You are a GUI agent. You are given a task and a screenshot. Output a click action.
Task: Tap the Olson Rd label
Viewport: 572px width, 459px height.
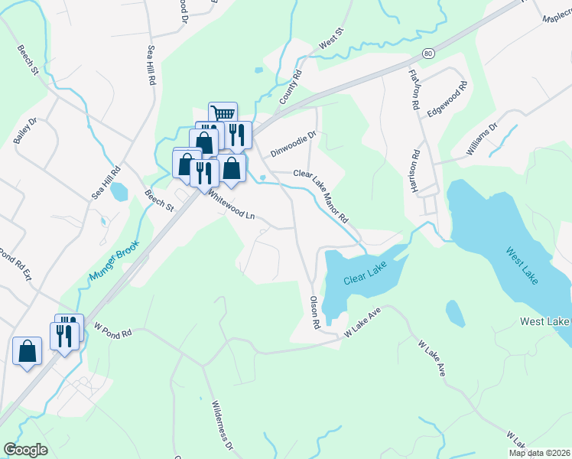click(x=314, y=314)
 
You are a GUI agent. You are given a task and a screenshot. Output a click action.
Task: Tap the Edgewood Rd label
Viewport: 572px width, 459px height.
click(x=447, y=100)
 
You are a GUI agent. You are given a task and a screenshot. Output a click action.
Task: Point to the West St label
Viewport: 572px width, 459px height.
click(x=332, y=41)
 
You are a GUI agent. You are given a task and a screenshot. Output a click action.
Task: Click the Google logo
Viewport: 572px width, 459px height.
click(x=25, y=450)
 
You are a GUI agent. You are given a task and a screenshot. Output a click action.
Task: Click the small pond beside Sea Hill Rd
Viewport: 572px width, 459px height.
click(x=119, y=190)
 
